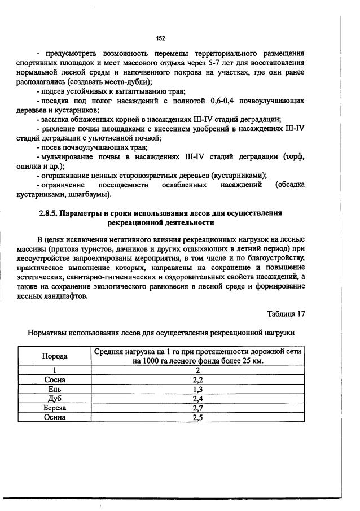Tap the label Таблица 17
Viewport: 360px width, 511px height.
pos(286,313)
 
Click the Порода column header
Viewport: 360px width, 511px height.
pos(55,356)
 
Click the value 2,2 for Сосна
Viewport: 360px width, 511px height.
pos(197,380)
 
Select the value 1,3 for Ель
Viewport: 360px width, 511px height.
pos(197,389)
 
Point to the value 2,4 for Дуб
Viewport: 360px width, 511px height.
pos(197,398)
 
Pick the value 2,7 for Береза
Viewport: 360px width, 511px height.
pos(197,408)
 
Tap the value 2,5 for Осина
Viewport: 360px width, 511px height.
pos(197,417)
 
